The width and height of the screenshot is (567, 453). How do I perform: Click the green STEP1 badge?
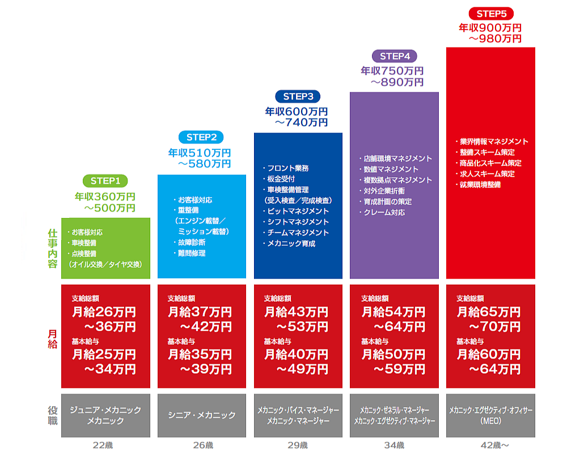point(105,181)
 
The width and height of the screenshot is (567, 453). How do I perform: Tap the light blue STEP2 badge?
point(201,137)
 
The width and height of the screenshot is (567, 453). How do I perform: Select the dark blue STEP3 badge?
point(298,96)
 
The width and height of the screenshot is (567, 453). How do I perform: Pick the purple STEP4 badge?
point(394,55)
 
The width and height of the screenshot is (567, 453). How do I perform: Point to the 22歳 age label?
point(105,445)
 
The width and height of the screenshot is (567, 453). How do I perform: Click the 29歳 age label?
point(298,445)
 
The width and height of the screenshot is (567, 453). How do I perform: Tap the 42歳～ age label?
point(490,445)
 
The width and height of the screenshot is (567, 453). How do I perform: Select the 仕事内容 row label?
point(52,248)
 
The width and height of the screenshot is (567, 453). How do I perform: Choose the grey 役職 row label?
point(52,415)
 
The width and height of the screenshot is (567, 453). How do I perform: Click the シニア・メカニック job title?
point(201,415)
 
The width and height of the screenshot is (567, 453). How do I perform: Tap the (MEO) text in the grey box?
point(490,421)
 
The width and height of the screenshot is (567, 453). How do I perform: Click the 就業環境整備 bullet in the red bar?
point(479,185)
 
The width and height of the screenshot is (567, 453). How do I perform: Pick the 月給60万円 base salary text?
point(488,354)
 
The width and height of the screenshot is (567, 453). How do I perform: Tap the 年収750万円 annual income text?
point(392,71)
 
